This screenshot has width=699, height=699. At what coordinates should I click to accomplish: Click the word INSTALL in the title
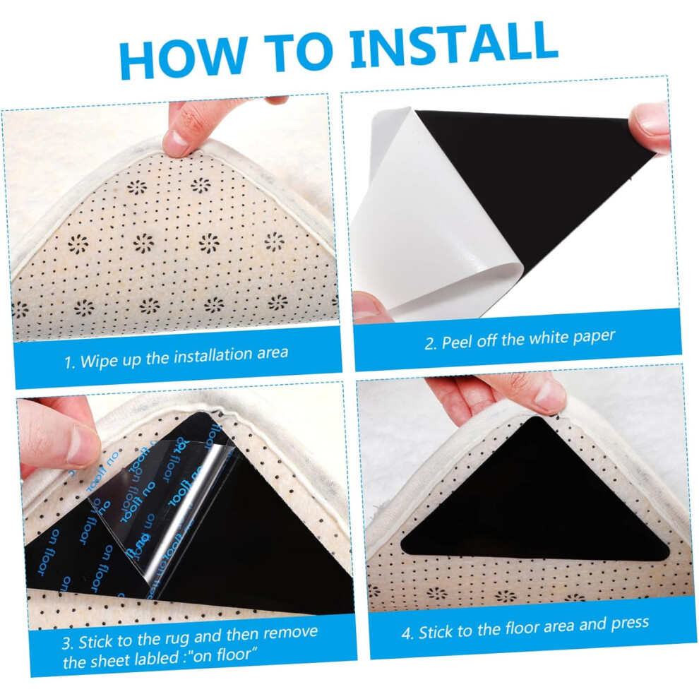pos(454,44)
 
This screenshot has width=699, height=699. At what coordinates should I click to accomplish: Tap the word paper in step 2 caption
pos(595,337)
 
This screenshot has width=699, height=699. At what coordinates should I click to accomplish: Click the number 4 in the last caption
pos(406,633)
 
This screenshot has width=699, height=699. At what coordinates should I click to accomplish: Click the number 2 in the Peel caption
pos(430,344)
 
